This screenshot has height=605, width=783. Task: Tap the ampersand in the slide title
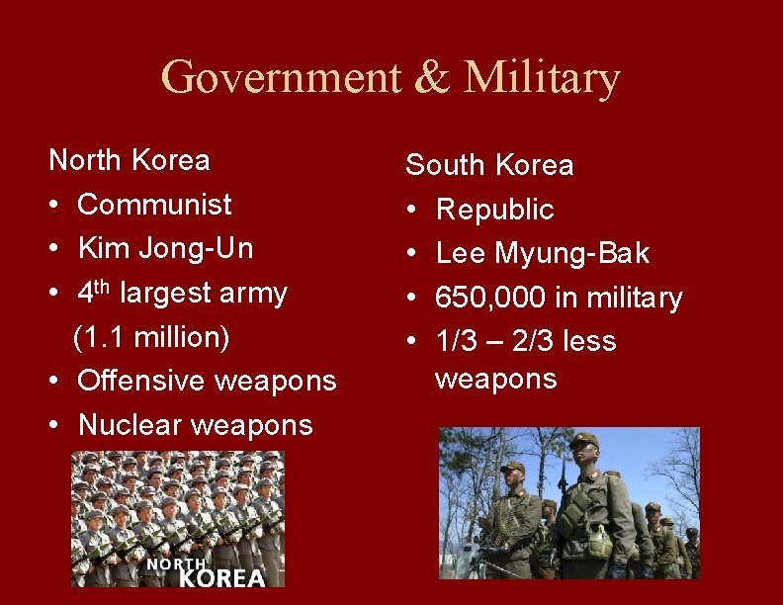point(431,78)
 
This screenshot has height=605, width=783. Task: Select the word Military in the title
point(542,78)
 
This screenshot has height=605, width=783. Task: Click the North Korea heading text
point(129,160)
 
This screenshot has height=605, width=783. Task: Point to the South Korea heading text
point(489,165)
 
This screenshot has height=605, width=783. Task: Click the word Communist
point(154,205)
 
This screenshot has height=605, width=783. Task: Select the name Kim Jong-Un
point(165,248)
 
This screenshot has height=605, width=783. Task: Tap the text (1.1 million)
point(151,337)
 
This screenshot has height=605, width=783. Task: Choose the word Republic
point(494,210)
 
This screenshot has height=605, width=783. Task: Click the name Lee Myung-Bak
point(542,254)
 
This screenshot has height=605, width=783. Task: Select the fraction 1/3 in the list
point(456,342)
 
